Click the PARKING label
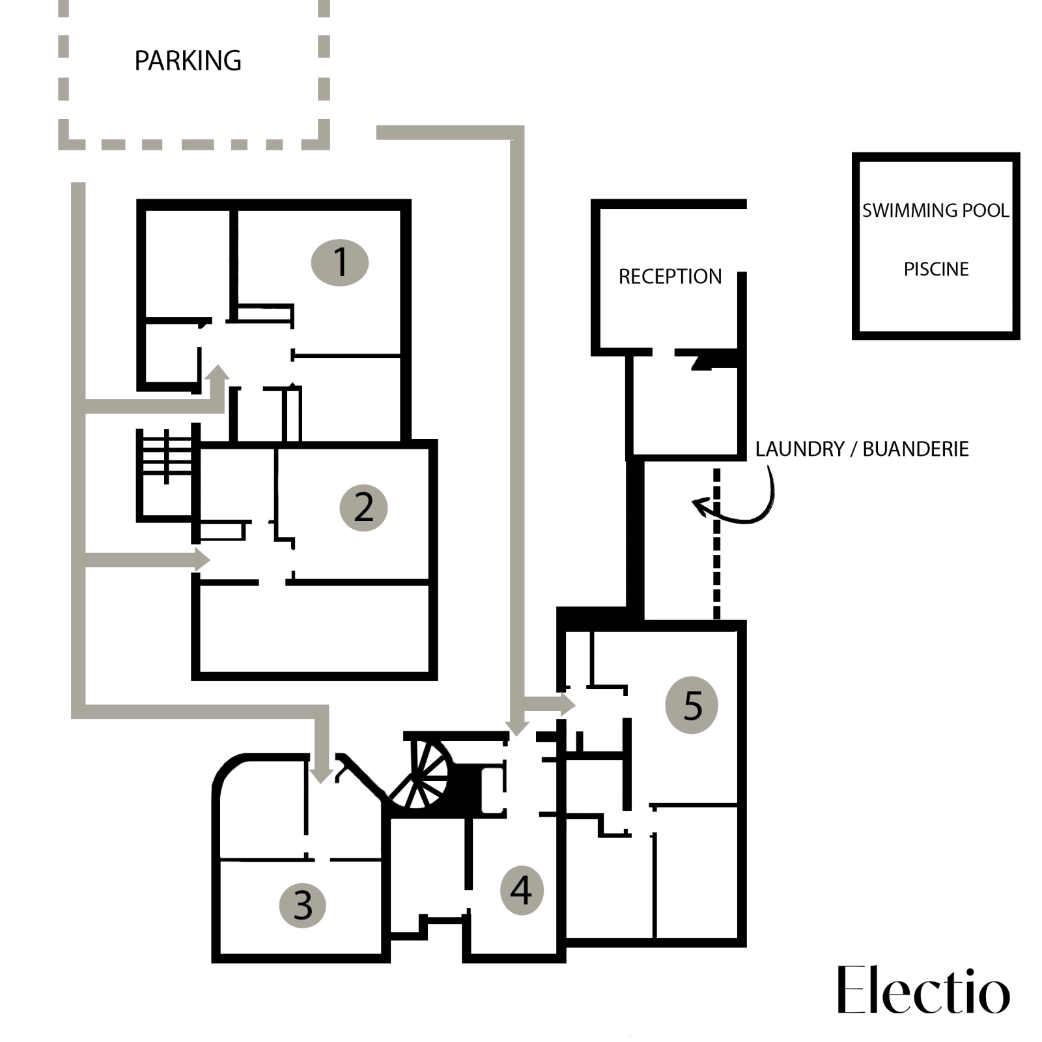[x=188, y=61]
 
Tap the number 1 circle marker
[x=340, y=262]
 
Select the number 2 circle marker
[x=363, y=507]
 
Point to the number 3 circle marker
[x=303, y=905]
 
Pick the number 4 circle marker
[x=521, y=890]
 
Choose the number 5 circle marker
[x=692, y=705]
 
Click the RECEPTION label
[x=669, y=277]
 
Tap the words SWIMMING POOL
[x=935, y=210]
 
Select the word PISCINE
[x=936, y=269]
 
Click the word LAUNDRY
[x=799, y=449]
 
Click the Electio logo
[x=923, y=991]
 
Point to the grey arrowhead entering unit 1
[x=218, y=374]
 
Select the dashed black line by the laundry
[x=716, y=544]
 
